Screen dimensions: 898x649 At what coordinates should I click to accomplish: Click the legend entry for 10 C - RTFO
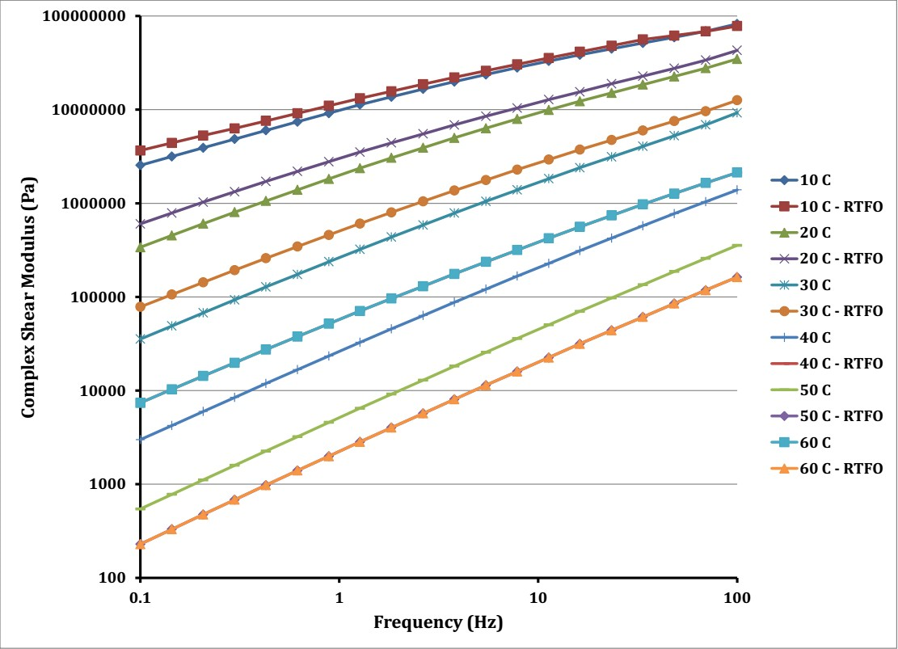(827, 206)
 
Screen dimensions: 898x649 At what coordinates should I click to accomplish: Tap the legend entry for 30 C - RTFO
(827, 311)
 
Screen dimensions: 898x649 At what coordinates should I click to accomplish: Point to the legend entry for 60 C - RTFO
(827, 469)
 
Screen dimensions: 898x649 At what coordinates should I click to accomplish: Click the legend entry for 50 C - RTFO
(827, 416)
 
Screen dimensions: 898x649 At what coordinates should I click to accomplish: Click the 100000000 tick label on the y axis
(83, 16)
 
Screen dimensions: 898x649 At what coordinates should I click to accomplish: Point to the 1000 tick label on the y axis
(108, 484)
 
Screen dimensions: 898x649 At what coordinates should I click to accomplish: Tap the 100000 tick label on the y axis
(95, 297)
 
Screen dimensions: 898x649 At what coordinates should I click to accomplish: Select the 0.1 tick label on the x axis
(140, 598)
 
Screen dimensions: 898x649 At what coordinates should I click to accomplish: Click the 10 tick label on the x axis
(538, 598)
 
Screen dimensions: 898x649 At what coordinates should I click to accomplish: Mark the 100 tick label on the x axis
(736, 598)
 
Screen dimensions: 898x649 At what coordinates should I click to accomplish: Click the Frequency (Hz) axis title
(438, 622)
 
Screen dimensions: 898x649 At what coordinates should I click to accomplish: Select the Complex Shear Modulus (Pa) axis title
(28, 297)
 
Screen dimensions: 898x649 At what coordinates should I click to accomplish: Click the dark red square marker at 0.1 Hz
(141, 150)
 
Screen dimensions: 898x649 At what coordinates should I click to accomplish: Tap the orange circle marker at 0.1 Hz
(141, 307)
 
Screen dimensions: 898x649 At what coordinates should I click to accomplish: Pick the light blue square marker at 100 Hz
(737, 172)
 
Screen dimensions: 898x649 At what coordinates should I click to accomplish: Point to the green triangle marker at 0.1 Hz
(141, 247)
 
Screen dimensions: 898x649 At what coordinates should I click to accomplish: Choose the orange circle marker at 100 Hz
(737, 100)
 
